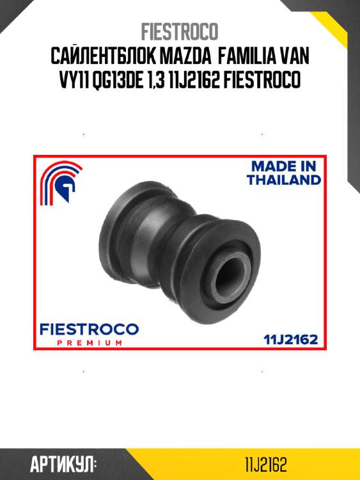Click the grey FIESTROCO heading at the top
[180, 31]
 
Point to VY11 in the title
[73, 79]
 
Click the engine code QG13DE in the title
[117, 80]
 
